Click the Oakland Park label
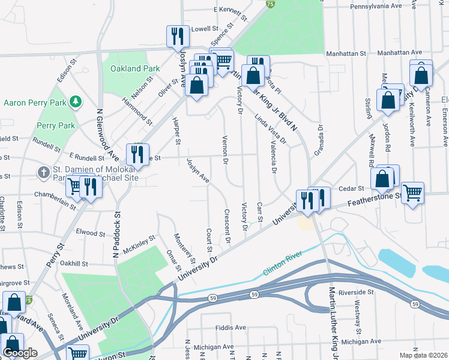point(135,68)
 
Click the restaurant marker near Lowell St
point(176,36)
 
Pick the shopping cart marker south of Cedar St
point(412,193)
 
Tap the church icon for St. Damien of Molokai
point(43,173)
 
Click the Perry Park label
point(55,126)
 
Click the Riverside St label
point(356,292)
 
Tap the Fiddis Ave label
point(231,328)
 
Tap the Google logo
point(19,353)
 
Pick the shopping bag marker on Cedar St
point(382,178)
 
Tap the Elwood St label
point(91,232)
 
